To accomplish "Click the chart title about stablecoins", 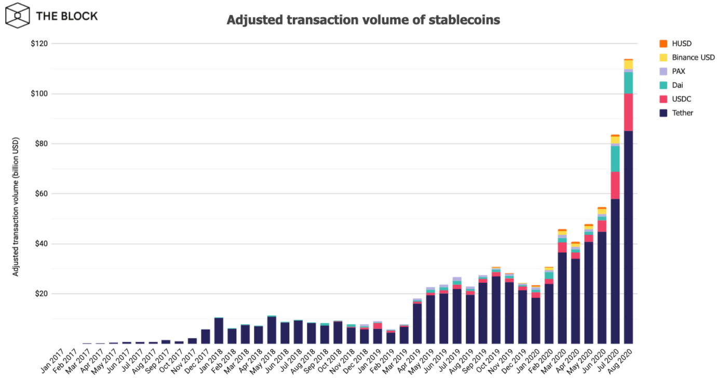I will (x=363, y=20).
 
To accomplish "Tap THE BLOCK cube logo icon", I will (x=18, y=16).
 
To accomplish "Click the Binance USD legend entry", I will (x=693, y=58).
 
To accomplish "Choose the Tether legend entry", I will (x=682, y=113).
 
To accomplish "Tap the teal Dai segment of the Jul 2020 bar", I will (x=615, y=159).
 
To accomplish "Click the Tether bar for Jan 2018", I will (x=219, y=331).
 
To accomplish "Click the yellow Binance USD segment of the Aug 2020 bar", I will (x=628, y=64).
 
